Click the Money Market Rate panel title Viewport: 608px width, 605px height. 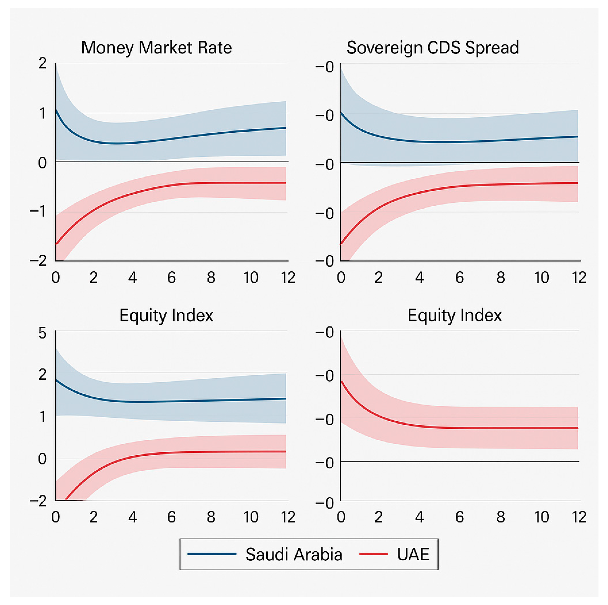(156, 48)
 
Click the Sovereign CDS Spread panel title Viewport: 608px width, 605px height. (432, 48)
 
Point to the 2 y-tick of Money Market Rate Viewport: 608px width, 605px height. (43, 64)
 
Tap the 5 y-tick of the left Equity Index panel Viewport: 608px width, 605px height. (43, 333)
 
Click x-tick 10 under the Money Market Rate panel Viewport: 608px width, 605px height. (251, 277)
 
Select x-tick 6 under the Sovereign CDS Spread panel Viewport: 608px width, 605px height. (459, 277)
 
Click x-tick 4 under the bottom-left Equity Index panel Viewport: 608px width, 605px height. (133, 517)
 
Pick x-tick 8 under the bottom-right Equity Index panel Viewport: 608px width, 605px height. (501, 517)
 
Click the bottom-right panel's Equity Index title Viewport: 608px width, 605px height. (454, 315)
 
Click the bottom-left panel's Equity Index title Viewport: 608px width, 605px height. (166, 315)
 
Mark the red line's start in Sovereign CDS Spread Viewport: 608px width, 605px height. (341, 243)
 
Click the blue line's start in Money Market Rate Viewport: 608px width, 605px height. (56, 110)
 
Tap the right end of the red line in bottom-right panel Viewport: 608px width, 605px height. (577, 428)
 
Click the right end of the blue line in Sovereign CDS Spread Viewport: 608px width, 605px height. (577, 137)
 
